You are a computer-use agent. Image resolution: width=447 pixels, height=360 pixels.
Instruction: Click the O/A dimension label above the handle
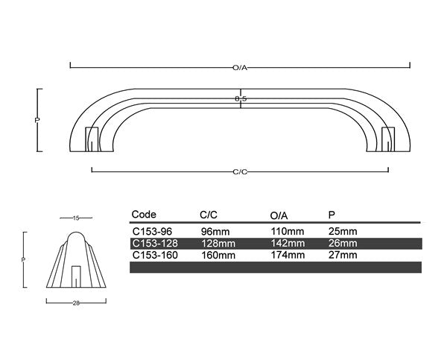(239, 68)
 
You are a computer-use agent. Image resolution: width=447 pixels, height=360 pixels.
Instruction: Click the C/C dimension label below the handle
(240, 171)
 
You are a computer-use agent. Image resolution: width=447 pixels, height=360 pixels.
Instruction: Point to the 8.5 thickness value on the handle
(240, 98)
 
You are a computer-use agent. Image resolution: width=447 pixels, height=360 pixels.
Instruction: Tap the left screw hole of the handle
(92, 136)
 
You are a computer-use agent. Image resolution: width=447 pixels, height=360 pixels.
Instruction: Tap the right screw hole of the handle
(387, 136)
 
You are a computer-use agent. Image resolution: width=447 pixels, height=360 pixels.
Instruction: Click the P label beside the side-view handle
(37, 119)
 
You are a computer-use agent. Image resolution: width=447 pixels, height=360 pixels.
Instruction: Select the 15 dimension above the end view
(76, 218)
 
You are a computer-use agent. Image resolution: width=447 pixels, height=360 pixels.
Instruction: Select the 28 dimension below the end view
(76, 303)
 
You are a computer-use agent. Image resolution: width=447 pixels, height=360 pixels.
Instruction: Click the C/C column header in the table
(209, 215)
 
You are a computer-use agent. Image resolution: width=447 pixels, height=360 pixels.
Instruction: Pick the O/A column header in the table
(279, 215)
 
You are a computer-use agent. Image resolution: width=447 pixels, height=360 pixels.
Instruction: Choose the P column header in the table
(332, 215)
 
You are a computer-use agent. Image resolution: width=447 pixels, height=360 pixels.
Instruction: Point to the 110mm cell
(287, 232)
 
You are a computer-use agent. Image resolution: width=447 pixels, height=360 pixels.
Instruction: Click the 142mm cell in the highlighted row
(287, 243)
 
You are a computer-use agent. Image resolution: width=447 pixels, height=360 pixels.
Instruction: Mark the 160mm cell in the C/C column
(218, 255)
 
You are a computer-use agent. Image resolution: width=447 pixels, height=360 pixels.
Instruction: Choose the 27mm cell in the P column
(343, 255)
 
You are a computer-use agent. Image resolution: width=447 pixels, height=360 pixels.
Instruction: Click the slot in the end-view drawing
(75, 276)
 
